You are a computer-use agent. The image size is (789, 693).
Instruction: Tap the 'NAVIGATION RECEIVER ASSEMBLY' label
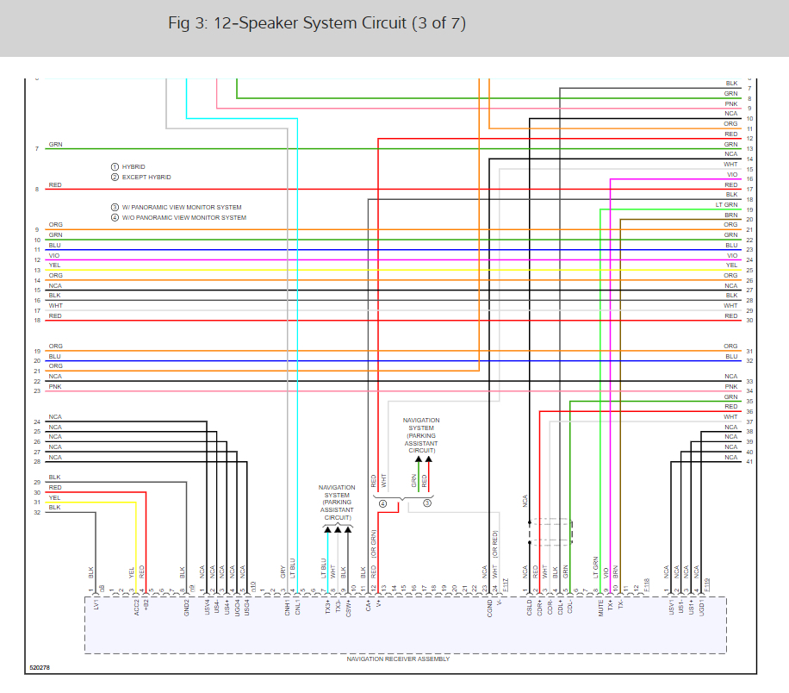(398, 659)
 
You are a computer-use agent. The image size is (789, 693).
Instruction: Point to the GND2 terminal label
(185, 609)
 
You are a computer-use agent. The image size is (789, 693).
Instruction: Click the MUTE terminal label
(600, 609)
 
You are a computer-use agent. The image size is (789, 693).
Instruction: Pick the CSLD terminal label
(527, 609)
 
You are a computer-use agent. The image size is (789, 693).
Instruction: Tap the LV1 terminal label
(96, 607)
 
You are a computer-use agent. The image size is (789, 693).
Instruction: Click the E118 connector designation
(645, 586)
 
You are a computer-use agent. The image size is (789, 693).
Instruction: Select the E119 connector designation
(707, 586)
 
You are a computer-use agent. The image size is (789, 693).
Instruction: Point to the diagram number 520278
(40, 667)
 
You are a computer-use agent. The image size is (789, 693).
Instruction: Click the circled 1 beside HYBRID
(114, 166)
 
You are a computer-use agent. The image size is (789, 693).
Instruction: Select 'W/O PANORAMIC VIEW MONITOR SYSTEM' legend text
(183, 217)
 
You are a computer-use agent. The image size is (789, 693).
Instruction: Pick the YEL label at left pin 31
(55, 497)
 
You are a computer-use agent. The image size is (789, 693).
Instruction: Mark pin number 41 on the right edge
(749, 462)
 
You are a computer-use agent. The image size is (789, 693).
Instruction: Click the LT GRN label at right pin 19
(726, 205)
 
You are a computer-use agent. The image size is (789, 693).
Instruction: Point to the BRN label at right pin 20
(730, 215)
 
